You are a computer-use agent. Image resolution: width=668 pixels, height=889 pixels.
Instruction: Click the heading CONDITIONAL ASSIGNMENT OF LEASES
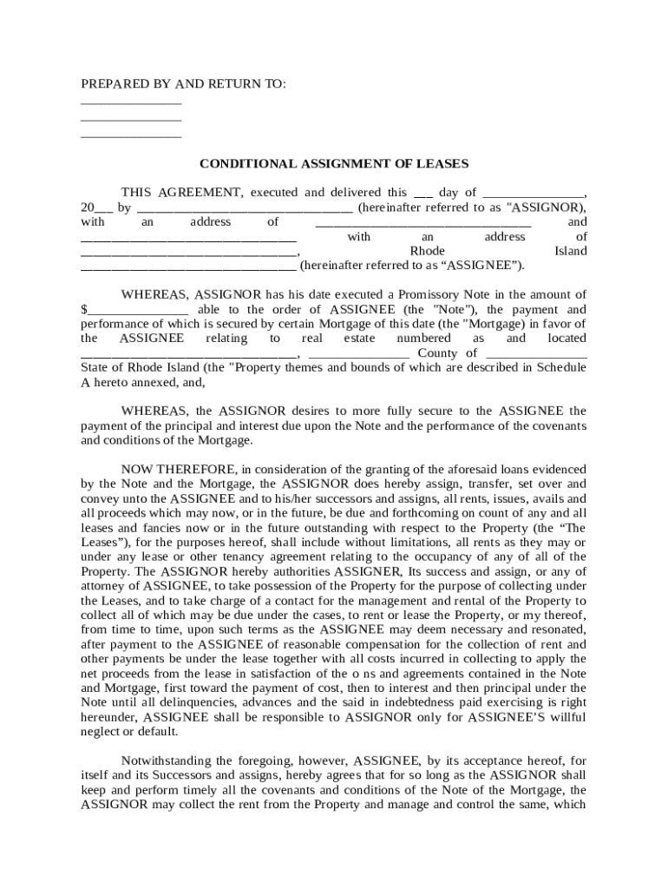point(334,163)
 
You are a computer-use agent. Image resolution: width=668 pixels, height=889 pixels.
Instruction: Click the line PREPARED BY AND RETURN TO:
point(183,83)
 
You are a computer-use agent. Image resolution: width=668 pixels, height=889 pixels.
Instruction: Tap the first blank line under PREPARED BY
point(131,103)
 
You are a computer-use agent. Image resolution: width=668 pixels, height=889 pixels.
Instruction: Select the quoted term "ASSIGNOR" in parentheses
point(544,207)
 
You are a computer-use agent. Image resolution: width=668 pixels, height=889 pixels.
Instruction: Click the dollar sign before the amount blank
point(84,309)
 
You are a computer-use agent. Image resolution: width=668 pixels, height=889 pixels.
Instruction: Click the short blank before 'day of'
point(423,193)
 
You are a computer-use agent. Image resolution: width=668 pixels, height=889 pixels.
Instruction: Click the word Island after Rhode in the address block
point(570,251)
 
